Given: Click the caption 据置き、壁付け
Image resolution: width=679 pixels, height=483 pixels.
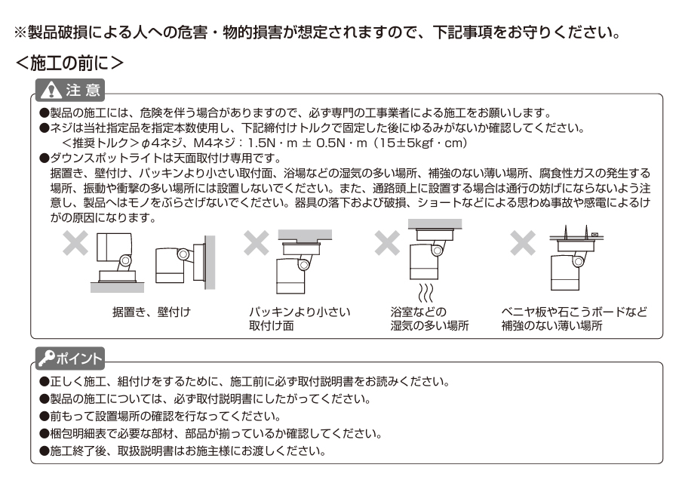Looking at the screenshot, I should tap(147, 312).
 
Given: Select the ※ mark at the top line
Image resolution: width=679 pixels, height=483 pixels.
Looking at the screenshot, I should tap(20, 33).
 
